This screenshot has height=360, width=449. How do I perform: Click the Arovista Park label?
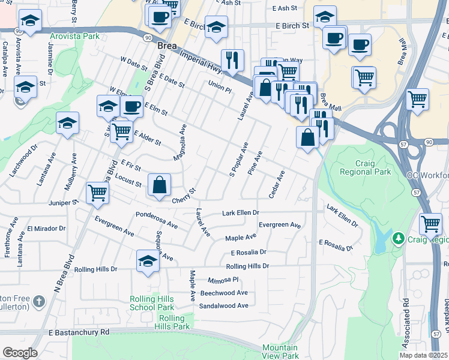(x=74, y=36)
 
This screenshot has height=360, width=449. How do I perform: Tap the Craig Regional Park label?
(x=365, y=167)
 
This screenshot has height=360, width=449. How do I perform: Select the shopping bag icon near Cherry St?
(x=159, y=185)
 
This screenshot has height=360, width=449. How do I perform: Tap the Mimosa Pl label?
(x=223, y=280)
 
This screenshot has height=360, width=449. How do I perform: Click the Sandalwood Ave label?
(x=224, y=305)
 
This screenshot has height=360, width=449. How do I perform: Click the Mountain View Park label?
(x=280, y=352)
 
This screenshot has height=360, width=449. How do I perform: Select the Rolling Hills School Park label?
(x=151, y=303)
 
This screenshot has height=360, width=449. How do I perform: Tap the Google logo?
(x=20, y=353)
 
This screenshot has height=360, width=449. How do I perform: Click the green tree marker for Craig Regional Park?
(x=397, y=239)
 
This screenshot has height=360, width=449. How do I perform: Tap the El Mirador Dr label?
(x=46, y=229)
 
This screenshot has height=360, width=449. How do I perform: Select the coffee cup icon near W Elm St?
(x=131, y=107)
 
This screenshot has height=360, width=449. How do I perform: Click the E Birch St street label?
(x=292, y=26)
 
